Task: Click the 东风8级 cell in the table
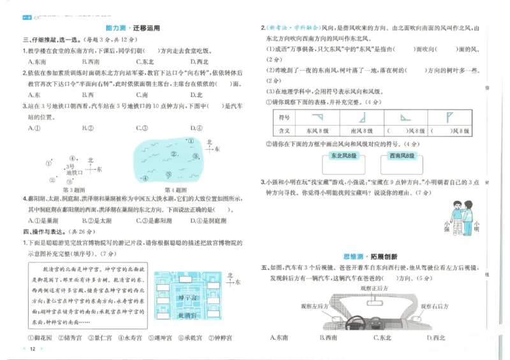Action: [x=316, y=131]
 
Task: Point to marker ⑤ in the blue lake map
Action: [x=168, y=175]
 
